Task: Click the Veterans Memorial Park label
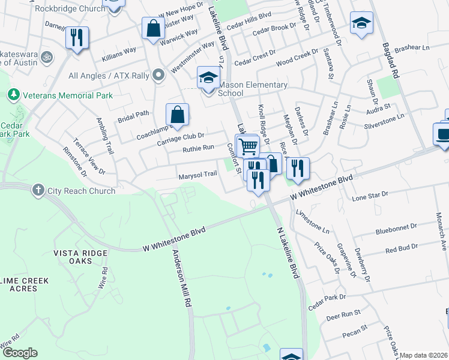pos(67,95)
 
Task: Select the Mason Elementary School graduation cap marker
pos(208,79)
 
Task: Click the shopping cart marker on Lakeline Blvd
pos(247,146)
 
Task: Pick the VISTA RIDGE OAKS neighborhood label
pos(80,256)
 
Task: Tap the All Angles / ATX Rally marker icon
pos(158,76)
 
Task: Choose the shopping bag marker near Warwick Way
pos(153,29)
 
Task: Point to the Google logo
pos(20,353)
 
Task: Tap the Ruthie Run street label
pos(199,148)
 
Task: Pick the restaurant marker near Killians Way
pos(77,38)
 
